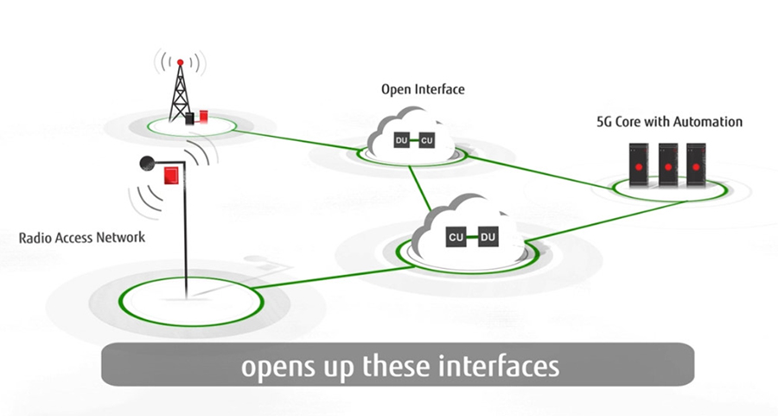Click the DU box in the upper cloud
[x=400, y=140]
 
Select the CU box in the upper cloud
[x=426, y=140]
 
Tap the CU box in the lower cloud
[x=456, y=236]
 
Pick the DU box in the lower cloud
[x=488, y=236]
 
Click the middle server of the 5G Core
[x=667, y=165]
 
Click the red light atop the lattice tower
[x=180, y=62]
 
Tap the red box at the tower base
[x=204, y=115]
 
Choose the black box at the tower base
[x=190, y=117]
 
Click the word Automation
[x=706, y=122]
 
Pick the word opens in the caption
[x=275, y=366]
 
